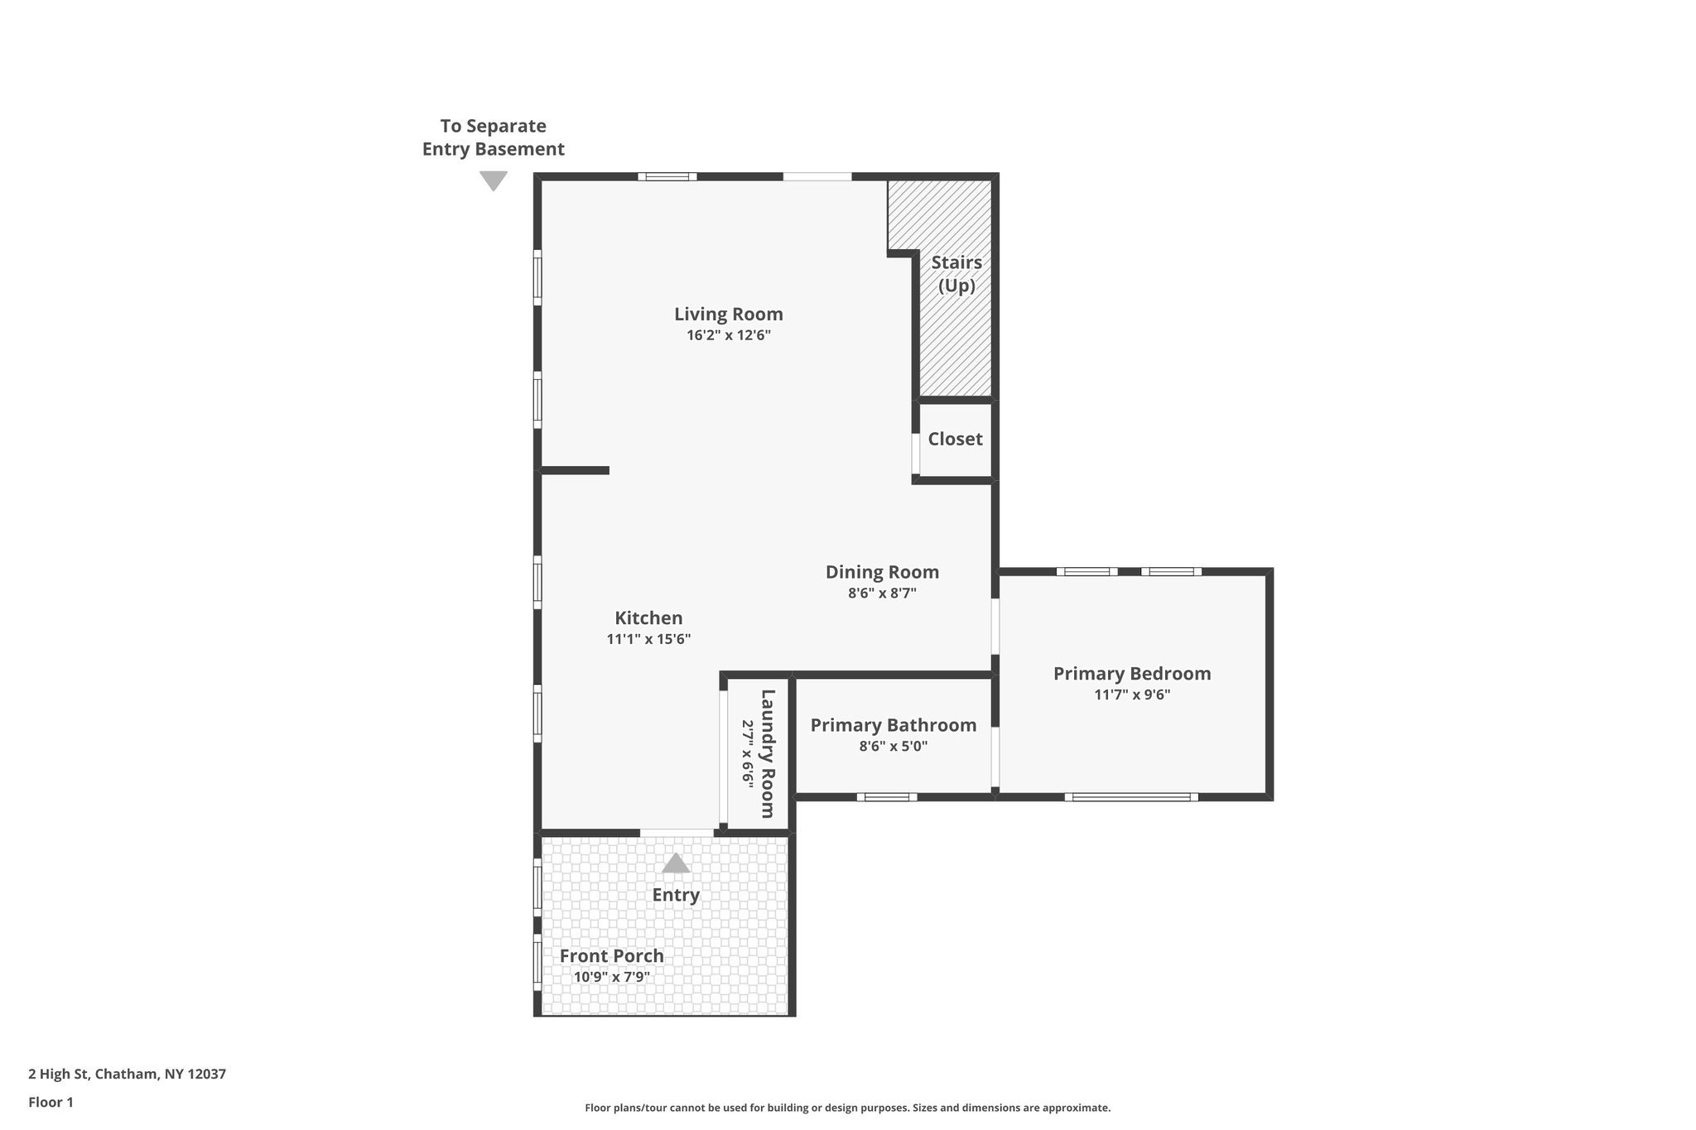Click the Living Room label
point(728,315)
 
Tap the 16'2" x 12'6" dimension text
point(728,336)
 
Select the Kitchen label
point(648,618)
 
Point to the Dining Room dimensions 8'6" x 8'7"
point(882,594)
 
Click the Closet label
point(955,440)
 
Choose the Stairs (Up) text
point(956,274)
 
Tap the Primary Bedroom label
point(1131,674)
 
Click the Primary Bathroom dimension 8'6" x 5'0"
point(893,747)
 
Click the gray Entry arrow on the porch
point(676,864)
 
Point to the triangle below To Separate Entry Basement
point(494,180)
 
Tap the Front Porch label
point(611,956)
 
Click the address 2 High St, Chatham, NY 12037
point(127,1075)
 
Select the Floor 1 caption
point(51,1103)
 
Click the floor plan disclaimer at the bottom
point(847,1108)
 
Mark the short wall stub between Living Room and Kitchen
point(575,471)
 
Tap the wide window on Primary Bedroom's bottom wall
point(1131,797)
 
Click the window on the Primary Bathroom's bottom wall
point(887,797)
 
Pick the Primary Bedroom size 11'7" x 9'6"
point(1131,695)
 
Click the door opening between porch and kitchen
point(677,832)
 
